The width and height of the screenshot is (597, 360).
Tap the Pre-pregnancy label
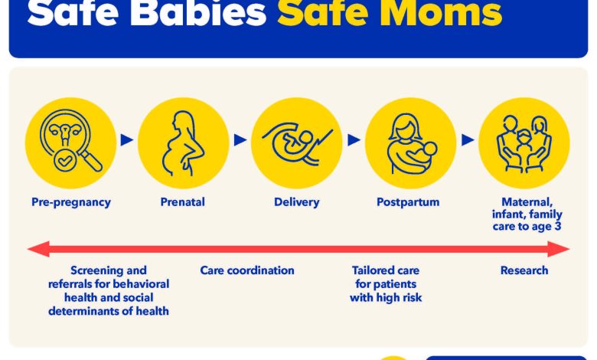(x=71, y=202)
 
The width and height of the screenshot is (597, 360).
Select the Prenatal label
(x=182, y=202)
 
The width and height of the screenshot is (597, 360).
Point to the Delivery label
(x=297, y=202)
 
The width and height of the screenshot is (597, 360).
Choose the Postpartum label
(x=408, y=202)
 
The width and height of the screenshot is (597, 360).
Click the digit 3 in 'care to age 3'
(x=557, y=226)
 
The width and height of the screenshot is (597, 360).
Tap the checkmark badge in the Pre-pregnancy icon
(x=65, y=161)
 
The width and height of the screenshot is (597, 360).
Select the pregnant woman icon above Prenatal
(x=183, y=143)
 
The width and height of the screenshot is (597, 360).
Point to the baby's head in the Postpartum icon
(x=430, y=149)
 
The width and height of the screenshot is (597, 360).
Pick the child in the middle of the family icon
(x=524, y=146)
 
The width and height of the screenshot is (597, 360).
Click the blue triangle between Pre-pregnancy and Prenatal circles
(x=127, y=140)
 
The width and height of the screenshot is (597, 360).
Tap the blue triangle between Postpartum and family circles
(x=468, y=140)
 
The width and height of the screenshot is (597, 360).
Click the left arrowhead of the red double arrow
(x=38, y=249)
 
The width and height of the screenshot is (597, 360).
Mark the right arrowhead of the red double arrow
(x=559, y=249)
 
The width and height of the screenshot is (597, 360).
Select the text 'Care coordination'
(x=247, y=270)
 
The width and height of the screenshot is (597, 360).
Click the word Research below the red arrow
(x=524, y=270)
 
